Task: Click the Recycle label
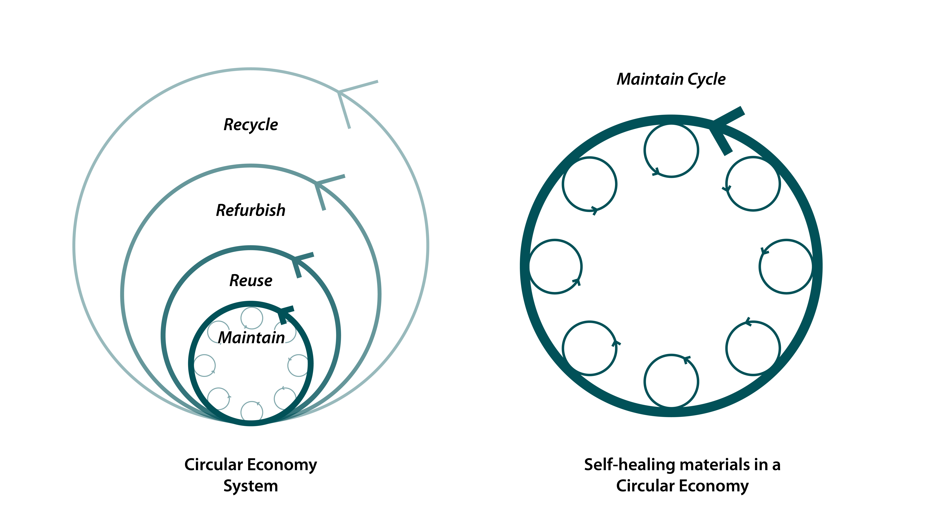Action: [251, 125]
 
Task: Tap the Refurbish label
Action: [251, 210]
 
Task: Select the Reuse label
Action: [251, 281]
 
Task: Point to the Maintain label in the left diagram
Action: [252, 338]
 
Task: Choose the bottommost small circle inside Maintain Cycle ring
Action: [671, 381]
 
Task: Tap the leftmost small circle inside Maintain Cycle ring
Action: [555, 266]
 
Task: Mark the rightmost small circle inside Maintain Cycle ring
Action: [786, 266]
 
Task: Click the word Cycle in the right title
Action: [707, 79]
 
